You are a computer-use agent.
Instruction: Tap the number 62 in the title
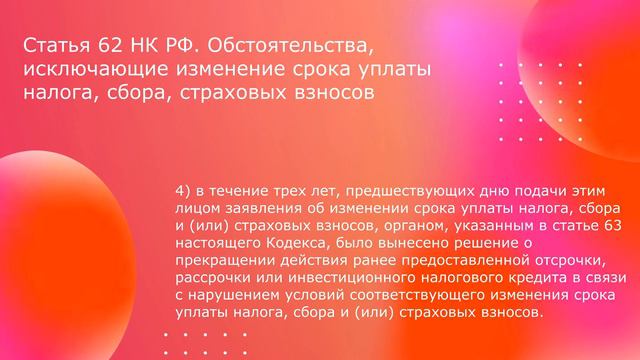[99, 46]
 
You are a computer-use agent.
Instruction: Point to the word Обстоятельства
[297, 46]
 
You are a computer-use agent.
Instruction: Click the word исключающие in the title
[86, 70]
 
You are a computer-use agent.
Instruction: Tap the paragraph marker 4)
[182, 190]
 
